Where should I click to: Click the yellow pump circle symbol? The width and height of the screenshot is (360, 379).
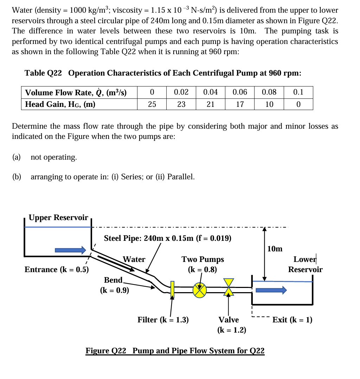(x=200, y=290)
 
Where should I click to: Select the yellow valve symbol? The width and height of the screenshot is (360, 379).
(x=229, y=287)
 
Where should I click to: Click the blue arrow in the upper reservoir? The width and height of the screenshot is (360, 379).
(x=70, y=250)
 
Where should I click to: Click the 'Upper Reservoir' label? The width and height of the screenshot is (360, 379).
(x=58, y=217)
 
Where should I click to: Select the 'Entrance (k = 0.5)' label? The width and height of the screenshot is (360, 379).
(x=57, y=269)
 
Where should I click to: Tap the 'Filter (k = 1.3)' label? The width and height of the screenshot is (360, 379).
(x=163, y=320)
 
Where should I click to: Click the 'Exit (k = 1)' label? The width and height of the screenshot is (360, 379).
(x=292, y=320)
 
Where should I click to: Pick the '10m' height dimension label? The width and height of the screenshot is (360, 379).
(x=275, y=249)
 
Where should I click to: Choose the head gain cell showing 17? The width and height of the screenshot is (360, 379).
(x=240, y=104)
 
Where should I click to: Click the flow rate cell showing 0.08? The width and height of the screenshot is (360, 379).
(x=269, y=92)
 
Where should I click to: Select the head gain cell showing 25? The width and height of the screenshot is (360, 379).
(x=152, y=104)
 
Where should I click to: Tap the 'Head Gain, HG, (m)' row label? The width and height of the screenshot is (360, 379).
(x=60, y=104)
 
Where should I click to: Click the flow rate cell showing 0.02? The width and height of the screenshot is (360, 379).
(x=181, y=92)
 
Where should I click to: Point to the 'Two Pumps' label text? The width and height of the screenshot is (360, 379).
(x=202, y=259)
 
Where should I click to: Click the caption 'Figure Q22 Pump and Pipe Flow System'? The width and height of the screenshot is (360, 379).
(x=175, y=351)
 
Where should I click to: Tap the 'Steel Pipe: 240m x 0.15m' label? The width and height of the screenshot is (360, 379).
(x=167, y=238)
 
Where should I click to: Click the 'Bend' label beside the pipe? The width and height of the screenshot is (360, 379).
(x=113, y=280)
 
